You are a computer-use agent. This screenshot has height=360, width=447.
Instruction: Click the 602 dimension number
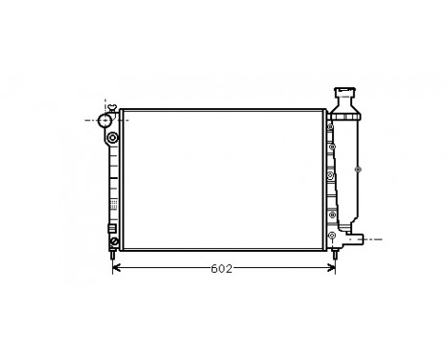click(x=221, y=269)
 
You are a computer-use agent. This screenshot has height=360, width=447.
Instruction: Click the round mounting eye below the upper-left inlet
click(x=114, y=138)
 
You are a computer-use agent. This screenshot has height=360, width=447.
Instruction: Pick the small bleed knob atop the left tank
click(x=112, y=106)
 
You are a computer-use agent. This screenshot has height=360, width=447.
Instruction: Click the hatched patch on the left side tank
click(x=114, y=204)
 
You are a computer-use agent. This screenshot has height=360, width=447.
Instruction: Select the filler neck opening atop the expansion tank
click(x=346, y=91)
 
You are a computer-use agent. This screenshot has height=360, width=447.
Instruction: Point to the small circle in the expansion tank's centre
click(x=358, y=169)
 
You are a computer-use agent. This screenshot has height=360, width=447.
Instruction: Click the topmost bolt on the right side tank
click(x=330, y=124)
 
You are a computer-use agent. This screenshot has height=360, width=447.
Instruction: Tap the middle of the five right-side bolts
click(x=330, y=176)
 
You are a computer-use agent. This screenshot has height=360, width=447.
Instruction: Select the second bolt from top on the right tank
click(x=330, y=148)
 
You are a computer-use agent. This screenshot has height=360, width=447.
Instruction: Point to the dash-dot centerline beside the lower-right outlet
click(x=375, y=238)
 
